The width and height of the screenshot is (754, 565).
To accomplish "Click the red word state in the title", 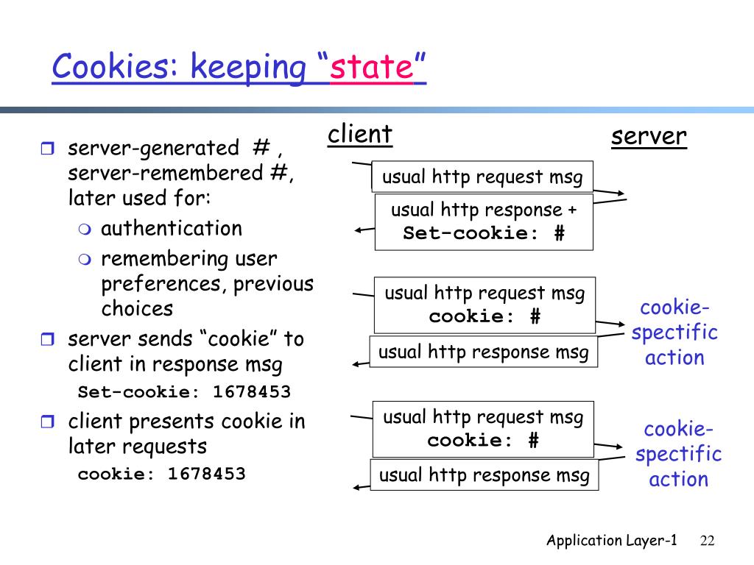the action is pos(371,67).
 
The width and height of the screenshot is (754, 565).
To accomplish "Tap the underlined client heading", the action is pos(359,134).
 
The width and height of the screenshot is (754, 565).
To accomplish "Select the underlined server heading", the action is pos(649,136).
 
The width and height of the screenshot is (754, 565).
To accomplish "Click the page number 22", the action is pos(707,541).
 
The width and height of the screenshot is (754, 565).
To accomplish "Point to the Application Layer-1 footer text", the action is pos(612,541).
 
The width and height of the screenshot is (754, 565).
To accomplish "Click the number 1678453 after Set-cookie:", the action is pos(252,391).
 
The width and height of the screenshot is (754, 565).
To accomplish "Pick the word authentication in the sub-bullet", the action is pos(171,228).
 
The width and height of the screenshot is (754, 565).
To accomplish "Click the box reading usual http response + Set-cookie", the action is pos(484,222).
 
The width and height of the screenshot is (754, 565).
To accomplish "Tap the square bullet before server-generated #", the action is pos(47,148).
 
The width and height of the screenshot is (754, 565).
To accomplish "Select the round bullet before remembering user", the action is pos(85,260).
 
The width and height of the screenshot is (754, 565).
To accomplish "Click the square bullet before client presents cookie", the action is pos(47,422).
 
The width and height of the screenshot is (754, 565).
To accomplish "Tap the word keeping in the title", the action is pos(248,68).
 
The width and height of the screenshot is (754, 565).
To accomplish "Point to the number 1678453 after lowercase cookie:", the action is pos(206,474).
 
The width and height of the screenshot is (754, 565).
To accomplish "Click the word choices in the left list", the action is pos(137,308).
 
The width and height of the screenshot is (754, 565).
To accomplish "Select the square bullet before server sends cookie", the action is pos(47,339).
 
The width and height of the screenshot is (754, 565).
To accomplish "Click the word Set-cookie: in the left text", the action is pos(138,391).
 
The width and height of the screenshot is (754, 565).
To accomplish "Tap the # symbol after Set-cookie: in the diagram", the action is pos(560,233).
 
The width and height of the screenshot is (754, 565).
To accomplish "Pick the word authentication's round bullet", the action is pos(85,230).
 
